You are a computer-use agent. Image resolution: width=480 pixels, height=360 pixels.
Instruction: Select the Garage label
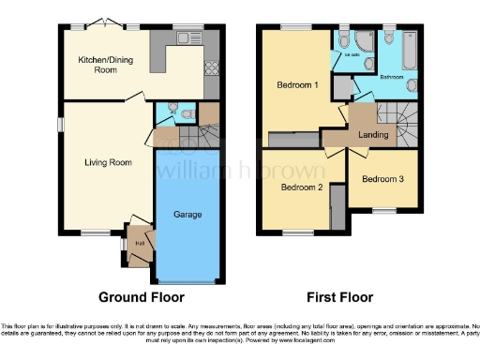tap(187, 215)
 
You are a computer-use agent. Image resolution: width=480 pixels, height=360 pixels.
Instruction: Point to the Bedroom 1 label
tap(296, 85)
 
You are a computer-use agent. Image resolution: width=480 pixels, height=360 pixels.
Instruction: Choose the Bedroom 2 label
tap(301, 187)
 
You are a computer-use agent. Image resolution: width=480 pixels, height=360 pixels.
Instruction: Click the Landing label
tap(374, 134)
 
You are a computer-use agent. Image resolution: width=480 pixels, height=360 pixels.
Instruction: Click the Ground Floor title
tap(142, 297)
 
